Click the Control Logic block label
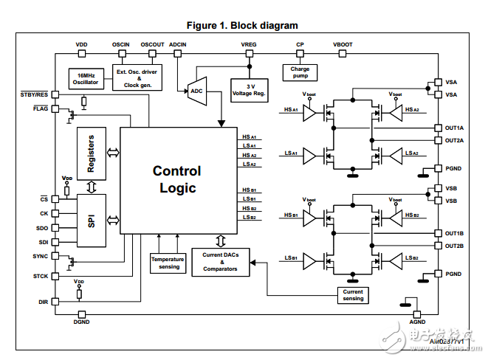[177, 179]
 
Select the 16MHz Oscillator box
[85, 79]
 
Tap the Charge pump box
[300, 72]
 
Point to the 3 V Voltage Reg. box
[249, 90]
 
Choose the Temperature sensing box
[168, 263]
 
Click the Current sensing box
[353, 294]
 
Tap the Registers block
[91, 153]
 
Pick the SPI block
[91, 221]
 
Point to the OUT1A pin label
[454, 128]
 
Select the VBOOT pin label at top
[343, 45]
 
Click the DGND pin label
[81, 322]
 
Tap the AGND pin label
[417, 322]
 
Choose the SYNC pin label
[41, 255]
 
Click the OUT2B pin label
[454, 246]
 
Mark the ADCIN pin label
[178, 45]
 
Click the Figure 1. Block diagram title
[241, 25]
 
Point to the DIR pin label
[43, 302]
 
